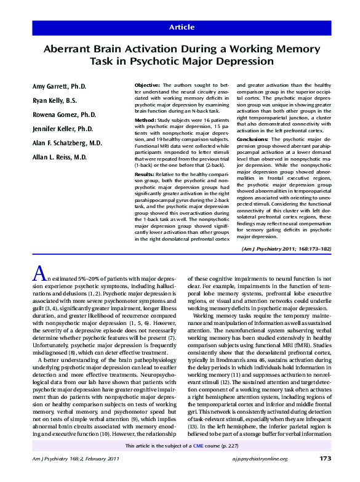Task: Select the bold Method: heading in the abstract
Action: tap(145, 120)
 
